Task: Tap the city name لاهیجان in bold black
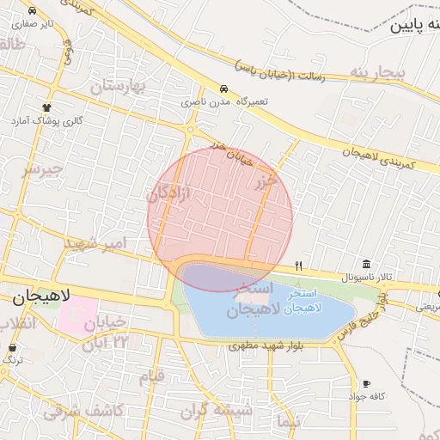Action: [41, 296]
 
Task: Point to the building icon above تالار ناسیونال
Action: [367, 264]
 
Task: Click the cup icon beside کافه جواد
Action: [367, 383]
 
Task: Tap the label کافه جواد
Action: [365, 396]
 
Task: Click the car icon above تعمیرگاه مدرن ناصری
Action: [223, 89]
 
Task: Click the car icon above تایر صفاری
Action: [32, 11]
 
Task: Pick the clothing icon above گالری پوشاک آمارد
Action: [47, 107]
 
